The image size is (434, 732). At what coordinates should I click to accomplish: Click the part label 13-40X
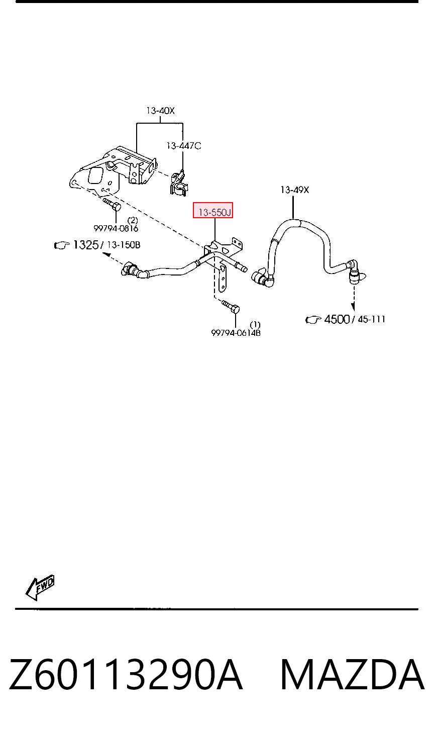click(160, 111)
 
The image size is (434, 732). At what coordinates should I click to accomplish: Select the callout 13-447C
click(184, 146)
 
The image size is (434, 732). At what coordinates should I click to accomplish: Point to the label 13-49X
click(294, 190)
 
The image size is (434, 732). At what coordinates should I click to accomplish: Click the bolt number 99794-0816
click(116, 228)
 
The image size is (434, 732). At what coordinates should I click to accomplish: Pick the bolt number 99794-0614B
click(236, 333)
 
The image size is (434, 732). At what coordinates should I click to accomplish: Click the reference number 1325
click(85, 244)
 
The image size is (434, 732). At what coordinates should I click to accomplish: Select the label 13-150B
click(124, 245)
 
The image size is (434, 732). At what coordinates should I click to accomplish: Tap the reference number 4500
click(337, 319)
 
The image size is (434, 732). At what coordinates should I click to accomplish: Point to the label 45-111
click(371, 319)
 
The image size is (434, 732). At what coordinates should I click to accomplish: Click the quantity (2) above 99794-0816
click(133, 220)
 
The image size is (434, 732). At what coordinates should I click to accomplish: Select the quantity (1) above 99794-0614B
click(255, 324)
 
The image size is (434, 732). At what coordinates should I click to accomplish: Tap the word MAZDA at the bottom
click(353, 674)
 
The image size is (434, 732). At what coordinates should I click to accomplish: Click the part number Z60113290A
click(126, 674)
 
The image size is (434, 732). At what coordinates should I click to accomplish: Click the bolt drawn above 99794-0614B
click(231, 307)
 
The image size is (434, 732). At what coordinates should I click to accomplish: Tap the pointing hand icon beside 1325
click(62, 245)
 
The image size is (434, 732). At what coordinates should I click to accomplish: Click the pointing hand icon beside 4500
click(313, 320)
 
